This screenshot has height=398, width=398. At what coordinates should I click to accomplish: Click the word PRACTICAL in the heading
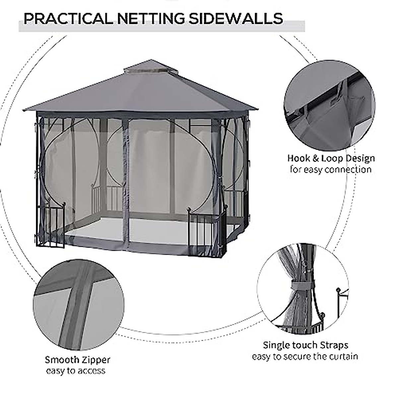click(68, 19)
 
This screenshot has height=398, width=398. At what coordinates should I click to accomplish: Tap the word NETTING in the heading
click(150, 19)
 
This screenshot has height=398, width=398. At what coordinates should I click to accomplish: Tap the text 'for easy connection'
click(331, 170)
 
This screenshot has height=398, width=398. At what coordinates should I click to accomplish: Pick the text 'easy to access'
click(76, 371)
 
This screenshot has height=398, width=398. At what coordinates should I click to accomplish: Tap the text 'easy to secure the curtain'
click(305, 357)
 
